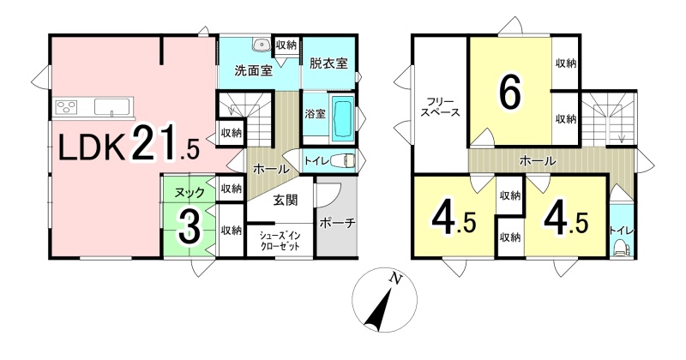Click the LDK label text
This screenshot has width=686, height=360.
point(91,148)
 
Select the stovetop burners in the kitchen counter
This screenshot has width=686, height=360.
point(66,107)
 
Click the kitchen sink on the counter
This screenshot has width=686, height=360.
point(112,107)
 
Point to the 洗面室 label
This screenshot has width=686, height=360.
point(253,70)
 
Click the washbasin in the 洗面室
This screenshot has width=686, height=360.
point(262,45)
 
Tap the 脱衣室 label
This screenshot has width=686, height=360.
point(328,63)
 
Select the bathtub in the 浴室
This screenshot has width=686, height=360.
point(344,119)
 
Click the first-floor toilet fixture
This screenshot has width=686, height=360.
point(343,161)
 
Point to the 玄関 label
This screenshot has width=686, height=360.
point(286,201)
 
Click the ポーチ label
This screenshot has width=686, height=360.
point(337,223)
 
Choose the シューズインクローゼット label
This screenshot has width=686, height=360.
point(280,240)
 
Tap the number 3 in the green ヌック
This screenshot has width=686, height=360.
point(190,228)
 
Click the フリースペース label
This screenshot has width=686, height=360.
point(439,106)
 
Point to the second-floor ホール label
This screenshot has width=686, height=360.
point(538,160)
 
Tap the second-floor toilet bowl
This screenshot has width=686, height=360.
point(620,249)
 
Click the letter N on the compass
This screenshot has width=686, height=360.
point(395,278)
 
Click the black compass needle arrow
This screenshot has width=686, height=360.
point(379,311)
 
